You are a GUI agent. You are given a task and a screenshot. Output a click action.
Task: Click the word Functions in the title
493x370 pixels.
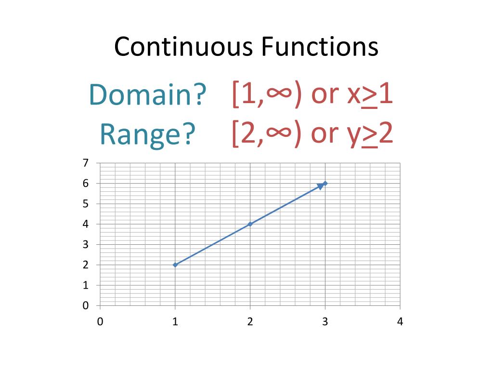click(320, 47)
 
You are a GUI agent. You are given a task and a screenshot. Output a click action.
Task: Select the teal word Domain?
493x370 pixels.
click(147, 95)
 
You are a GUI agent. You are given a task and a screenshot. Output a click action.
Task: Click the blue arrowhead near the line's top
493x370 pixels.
click(320, 186)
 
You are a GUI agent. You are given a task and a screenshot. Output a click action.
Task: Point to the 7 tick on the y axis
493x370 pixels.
click(86, 163)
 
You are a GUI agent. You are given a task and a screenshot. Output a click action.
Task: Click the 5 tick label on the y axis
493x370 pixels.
click(86, 204)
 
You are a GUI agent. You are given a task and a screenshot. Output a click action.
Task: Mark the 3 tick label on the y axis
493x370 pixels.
click(86, 244)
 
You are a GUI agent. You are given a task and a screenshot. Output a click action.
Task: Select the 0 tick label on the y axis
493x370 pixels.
click(86, 305)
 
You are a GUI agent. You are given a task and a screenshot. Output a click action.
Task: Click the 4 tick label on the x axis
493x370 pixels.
click(400, 322)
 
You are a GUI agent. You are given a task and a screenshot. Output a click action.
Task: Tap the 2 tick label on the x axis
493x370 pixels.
click(250, 322)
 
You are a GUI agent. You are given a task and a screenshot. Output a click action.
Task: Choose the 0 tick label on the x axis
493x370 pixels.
click(100, 322)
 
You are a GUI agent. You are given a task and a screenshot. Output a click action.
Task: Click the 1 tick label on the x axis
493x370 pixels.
click(175, 322)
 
